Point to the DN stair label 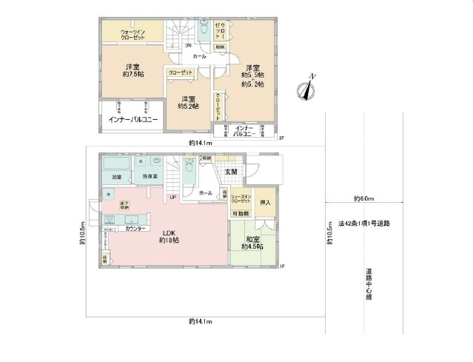pos(167,47)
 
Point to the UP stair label pos(172,197)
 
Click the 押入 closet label pos(266,202)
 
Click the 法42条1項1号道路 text pos(364,223)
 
